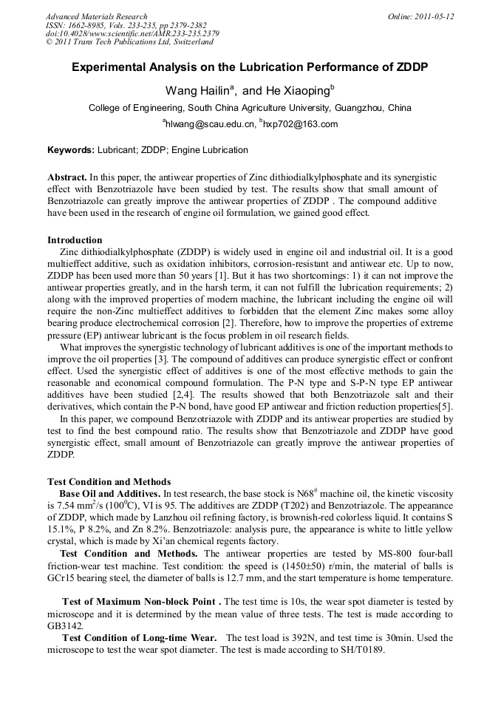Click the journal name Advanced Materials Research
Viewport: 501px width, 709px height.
point(96,16)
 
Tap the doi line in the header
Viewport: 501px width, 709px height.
point(132,34)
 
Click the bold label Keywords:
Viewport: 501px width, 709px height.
point(71,150)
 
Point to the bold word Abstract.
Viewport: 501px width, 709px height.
point(67,178)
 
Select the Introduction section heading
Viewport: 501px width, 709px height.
point(75,240)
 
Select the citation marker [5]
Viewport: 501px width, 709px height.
point(446,406)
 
